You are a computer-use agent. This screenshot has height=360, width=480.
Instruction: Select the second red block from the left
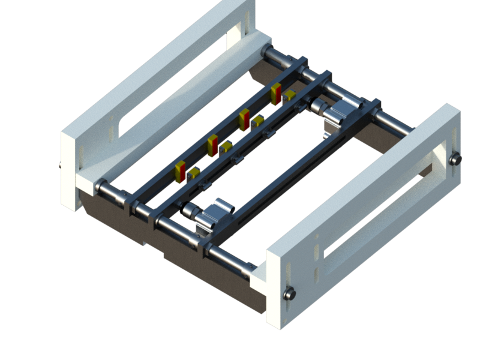point(212,145)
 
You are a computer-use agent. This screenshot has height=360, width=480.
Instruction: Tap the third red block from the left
point(244,119)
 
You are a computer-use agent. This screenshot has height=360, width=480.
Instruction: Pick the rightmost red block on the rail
point(276,94)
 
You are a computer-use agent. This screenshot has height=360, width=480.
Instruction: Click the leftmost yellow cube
point(194,173)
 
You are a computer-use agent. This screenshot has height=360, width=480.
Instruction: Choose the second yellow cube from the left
point(226,147)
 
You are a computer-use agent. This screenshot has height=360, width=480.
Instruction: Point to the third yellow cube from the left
point(258,121)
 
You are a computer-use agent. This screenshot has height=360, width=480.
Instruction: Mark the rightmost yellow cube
point(290,95)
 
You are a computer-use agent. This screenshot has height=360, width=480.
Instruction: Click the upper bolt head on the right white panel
point(455,160)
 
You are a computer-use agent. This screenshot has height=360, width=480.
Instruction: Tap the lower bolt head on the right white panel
point(290,293)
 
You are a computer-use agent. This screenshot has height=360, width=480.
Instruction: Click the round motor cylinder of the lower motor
point(191,211)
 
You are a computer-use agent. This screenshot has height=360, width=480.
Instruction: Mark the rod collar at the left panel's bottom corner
point(100,186)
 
